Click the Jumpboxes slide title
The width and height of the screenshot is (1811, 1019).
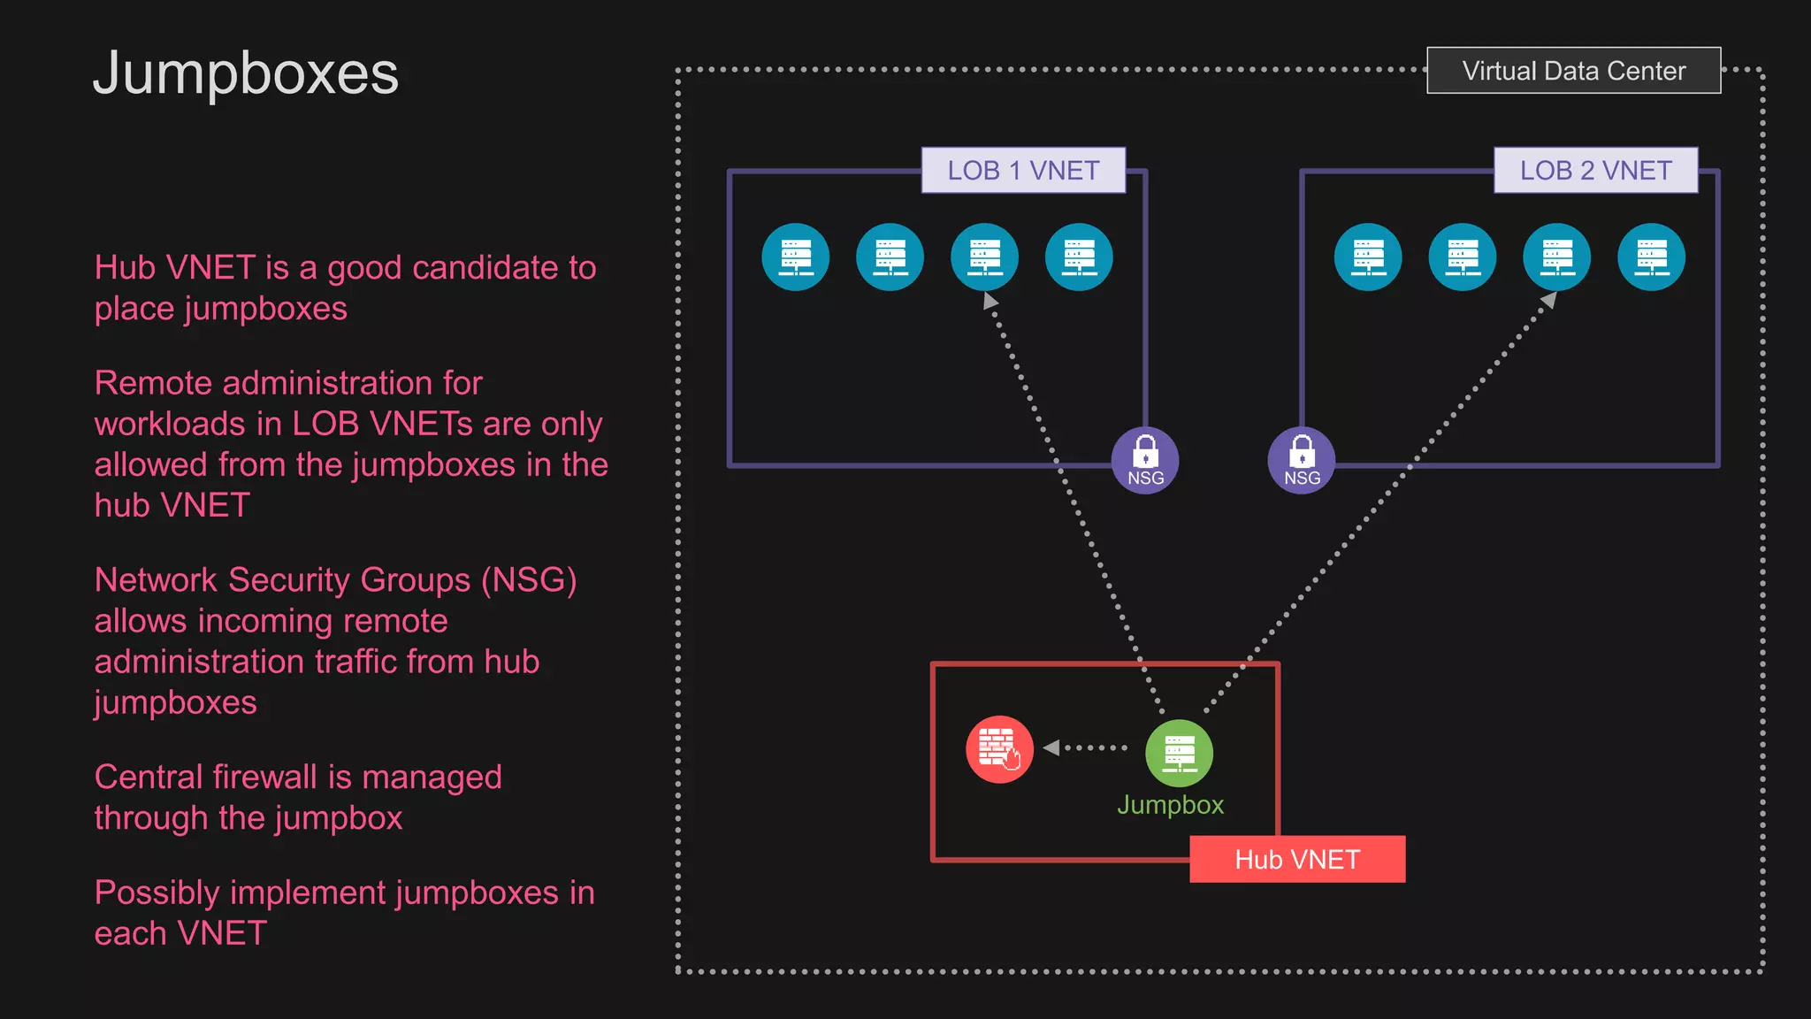click(x=246, y=73)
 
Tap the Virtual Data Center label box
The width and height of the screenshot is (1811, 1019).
click(x=1573, y=71)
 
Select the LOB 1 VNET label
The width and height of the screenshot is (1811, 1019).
click(x=1023, y=171)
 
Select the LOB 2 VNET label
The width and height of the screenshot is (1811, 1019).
click(x=1595, y=171)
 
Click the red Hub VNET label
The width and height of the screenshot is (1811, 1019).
click(x=1296, y=859)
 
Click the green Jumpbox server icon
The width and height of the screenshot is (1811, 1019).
click(x=1179, y=753)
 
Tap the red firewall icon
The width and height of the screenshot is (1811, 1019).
click(x=999, y=749)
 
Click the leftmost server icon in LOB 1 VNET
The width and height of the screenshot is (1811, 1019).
click(x=796, y=257)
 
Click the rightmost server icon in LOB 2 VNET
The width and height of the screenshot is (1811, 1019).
click(x=1651, y=257)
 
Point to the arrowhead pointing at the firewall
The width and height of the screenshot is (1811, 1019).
click(x=1051, y=747)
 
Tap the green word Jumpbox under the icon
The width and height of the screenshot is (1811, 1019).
click(x=1170, y=805)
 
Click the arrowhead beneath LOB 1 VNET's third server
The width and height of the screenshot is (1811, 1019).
click(x=990, y=301)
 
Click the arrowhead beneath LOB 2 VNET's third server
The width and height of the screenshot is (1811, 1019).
click(x=1548, y=301)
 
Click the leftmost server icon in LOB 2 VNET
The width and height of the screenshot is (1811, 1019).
click(x=1368, y=257)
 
